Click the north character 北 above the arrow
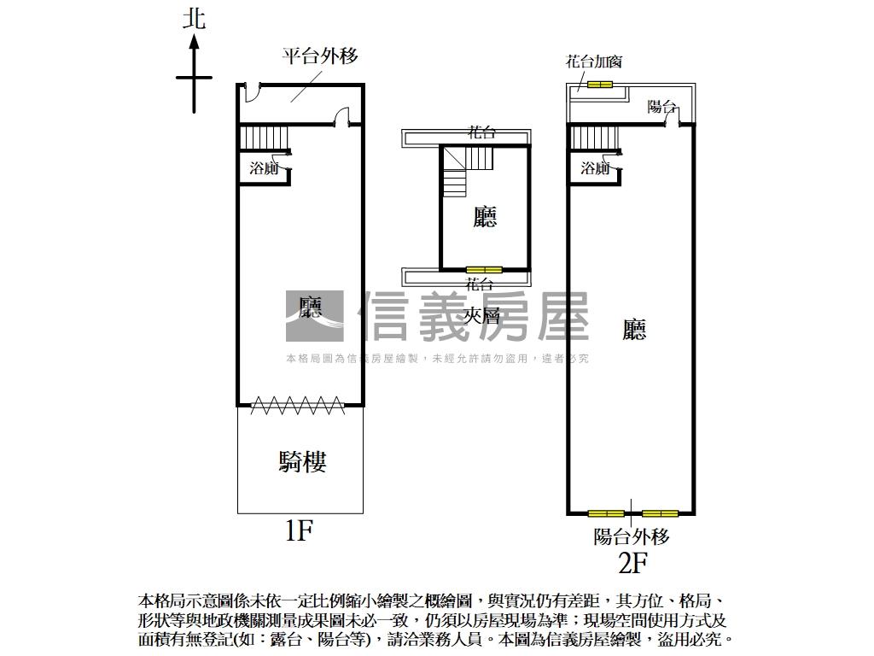point(195,20)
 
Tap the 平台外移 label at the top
point(320,56)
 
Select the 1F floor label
point(300,531)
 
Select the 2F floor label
point(632,563)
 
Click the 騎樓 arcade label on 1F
point(302,462)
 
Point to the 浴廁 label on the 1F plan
point(264,168)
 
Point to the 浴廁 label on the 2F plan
point(595,168)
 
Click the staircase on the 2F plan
point(594,137)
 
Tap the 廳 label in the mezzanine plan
point(485,217)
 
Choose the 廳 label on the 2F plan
point(634,330)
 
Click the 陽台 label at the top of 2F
point(661,107)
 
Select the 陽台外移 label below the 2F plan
point(632,536)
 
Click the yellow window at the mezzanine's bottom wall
point(484,270)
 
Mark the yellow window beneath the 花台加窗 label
point(599,84)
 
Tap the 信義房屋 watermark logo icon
point(314,316)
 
